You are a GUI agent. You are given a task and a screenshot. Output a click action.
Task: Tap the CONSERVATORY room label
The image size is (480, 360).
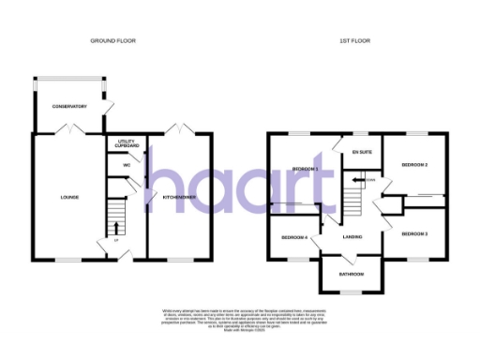click(x=69, y=106)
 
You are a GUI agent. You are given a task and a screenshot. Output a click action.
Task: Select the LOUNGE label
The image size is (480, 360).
click(x=69, y=197)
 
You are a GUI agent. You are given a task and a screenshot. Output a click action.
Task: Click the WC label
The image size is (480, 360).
click(x=125, y=165)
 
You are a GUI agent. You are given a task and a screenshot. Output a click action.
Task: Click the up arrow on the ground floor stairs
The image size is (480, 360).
click(x=116, y=228)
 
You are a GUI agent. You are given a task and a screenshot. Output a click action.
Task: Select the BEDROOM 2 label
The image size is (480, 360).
click(x=414, y=165)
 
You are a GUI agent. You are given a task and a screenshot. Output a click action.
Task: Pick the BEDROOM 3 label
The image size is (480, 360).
click(x=414, y=232)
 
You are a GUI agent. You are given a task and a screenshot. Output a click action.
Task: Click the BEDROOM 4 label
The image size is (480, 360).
click(x=293, y=237)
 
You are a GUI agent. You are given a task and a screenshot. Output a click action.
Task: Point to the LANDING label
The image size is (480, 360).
click(x=352, y=236)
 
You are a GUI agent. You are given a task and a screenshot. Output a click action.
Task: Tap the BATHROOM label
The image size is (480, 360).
click(x=352, y=275)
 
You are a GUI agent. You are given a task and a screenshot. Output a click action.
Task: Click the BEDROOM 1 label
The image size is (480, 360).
click(x=306, y=169)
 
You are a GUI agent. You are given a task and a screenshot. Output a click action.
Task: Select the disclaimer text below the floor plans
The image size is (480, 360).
click(x=240, y=317)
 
